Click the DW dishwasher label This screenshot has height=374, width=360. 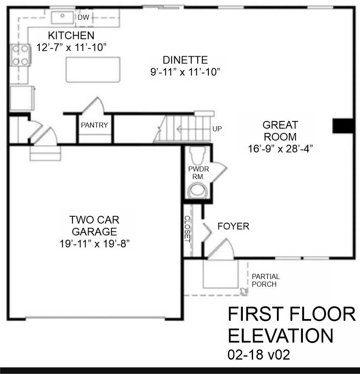coord(84,17)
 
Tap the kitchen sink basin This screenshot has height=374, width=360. coord(63,17)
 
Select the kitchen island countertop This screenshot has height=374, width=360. coord(93,70)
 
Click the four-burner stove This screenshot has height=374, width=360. coord(20,55)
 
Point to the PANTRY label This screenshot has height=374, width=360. coord(94,125)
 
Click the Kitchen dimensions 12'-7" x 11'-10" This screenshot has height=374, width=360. coord(71,47)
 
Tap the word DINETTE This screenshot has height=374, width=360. coord(185,60)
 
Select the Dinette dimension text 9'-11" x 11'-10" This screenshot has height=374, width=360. coord(185,72)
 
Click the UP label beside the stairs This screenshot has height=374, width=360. coord(217,129)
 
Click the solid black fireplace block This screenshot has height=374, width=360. coord(343,126)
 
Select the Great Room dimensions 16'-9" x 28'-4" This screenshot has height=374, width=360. coord(280,149)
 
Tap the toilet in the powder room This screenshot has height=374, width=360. coord(197,154)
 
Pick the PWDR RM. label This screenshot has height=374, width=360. coord(199,173)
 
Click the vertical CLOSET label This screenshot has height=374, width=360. coord(187,229)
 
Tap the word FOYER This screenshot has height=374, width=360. coord(233,226)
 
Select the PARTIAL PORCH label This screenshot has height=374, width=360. coord(266,280)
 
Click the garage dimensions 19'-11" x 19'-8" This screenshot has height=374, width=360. coord(95,244)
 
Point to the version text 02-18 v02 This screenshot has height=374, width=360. coord(259,354)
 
